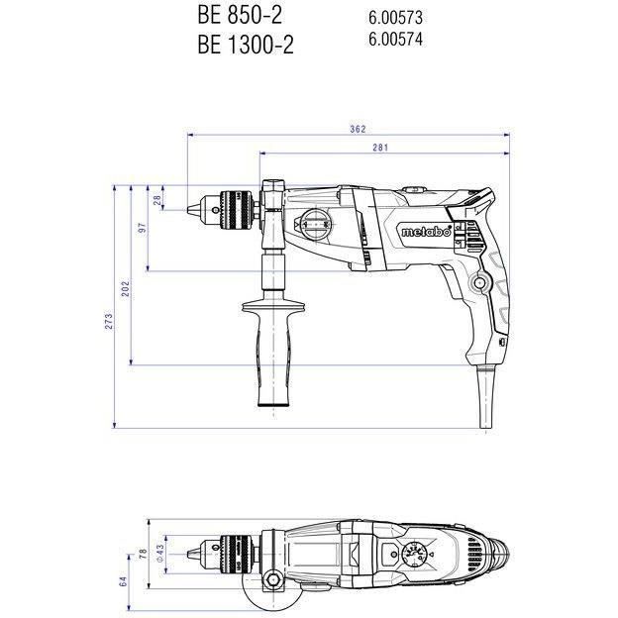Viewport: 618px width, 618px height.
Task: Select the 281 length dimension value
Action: click(x=379, y=148)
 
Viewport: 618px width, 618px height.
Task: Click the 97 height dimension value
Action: click(x=144, y=228)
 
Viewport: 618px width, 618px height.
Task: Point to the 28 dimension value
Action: click(x=157, y=199)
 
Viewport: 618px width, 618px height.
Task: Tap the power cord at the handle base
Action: click(x=484, y=396)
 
